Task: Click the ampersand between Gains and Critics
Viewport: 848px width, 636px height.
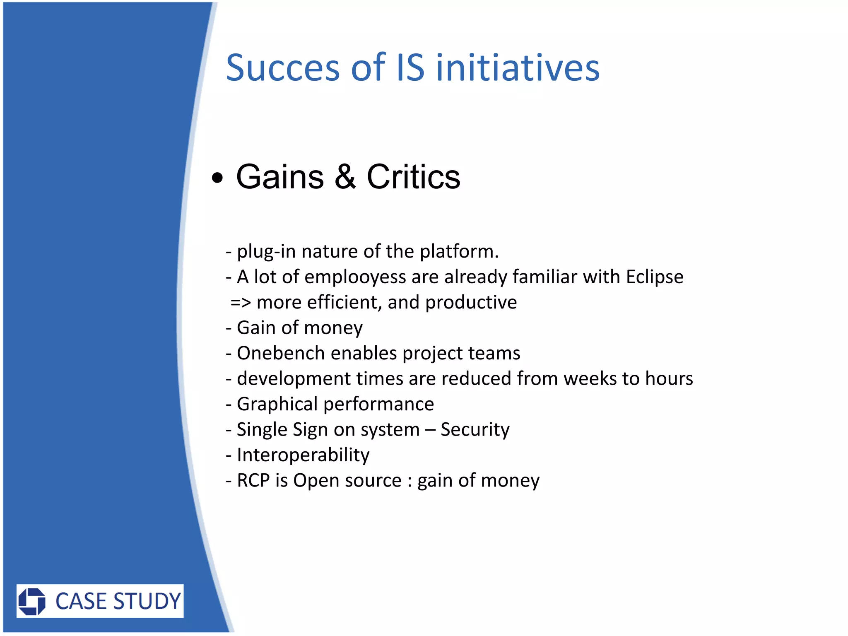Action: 345,177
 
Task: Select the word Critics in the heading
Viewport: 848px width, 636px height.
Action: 413,177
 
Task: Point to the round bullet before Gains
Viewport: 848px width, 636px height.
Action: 217,178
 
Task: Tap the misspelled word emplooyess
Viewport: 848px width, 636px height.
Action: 355,277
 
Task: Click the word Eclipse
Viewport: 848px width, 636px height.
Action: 654,277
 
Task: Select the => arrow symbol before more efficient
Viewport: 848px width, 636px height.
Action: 241,303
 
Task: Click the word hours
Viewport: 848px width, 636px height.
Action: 669,378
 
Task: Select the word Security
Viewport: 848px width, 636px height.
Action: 475,429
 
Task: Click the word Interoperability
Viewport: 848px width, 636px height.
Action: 303,455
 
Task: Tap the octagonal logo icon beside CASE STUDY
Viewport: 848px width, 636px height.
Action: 32,601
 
